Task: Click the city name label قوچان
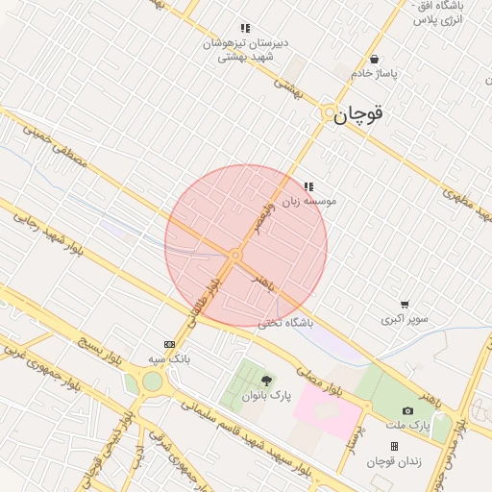361,114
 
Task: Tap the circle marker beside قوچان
329,113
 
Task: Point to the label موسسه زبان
332,202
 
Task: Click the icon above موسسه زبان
308,186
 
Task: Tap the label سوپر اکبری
404,319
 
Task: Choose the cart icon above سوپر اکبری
404,305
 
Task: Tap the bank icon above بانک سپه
170,344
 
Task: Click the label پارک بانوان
265,395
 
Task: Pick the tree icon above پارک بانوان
266,381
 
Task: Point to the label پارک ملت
406,424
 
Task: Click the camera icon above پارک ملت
407,410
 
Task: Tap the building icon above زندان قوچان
394,446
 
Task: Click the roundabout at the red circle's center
234,255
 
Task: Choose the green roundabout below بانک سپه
151,382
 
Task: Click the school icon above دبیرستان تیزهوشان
245,29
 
